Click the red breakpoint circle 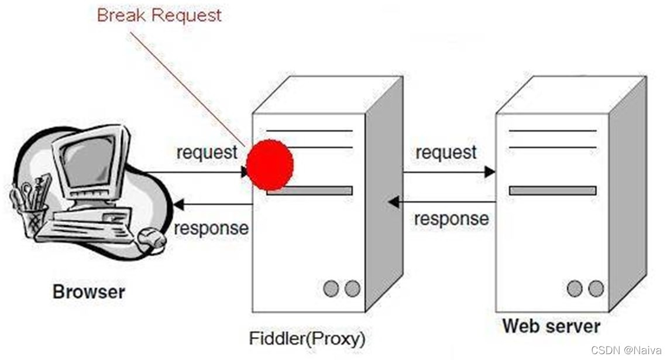(x=270, y=165)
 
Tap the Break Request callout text (x=159, y=15)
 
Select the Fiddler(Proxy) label (x=307, y=338)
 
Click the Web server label (x=551, y=325)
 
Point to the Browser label (x=89, y=292)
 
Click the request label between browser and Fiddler (x=207, y=152)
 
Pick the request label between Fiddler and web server (x=446, y=152)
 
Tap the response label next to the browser (x=211, y=228)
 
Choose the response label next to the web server (x=451, y=219)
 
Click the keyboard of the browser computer (x=88, y=228)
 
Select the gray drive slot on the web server (x=552, y=191)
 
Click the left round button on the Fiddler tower (x=332, y=288)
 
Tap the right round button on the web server (x=596, y=288)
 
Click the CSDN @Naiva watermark (x=626, y=350)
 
